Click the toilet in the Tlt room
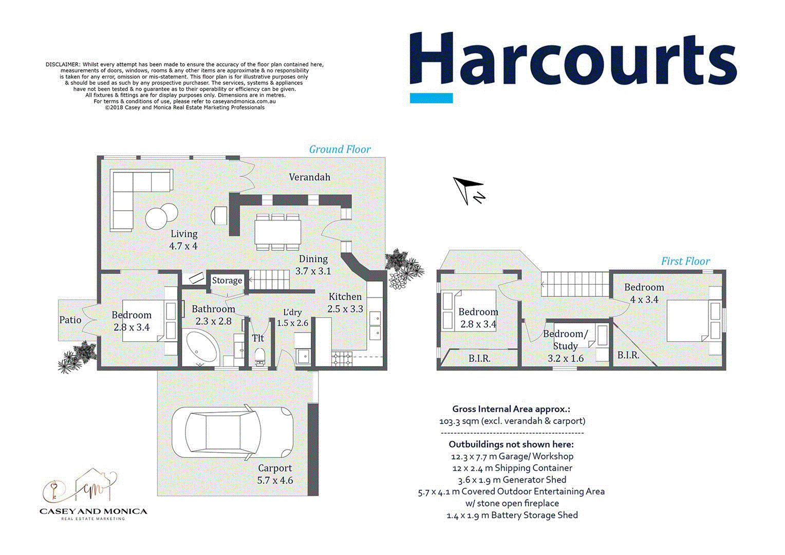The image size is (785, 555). coord(259,355)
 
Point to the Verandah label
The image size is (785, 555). coord(309,177)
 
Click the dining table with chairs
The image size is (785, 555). coord(278,232)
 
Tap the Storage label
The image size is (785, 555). coord(227,281)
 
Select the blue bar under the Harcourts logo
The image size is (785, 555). coord(431,98)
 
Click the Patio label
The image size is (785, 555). coord(70,320)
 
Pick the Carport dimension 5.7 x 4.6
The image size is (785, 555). coord(275,480)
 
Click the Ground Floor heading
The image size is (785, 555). coord(340,150)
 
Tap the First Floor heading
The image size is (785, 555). coord(685,261)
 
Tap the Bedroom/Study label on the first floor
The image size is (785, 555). coord(565,340)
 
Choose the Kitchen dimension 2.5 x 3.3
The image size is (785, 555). coord(345,309)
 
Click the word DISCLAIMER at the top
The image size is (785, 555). coord(63,65)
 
